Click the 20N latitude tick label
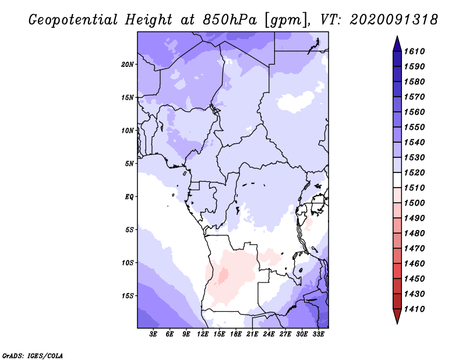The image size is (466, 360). [x=128, y=64]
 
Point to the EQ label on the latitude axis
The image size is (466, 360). [x=129, y=197]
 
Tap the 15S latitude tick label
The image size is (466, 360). [x=128, y=296]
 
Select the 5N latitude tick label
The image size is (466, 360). [x=129, y=164]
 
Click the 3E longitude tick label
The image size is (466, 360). [x=154, y=334]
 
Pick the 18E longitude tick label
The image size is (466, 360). [x=236, y=334]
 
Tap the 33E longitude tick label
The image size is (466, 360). [x=318, y=334]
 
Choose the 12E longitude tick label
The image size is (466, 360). [x=203, y=334]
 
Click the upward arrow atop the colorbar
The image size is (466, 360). [x=397, y=43]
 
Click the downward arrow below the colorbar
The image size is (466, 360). [x=397, y=317]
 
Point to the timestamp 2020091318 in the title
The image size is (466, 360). [x=394, y=20]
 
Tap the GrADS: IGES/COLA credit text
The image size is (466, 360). [x=25, y=355]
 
